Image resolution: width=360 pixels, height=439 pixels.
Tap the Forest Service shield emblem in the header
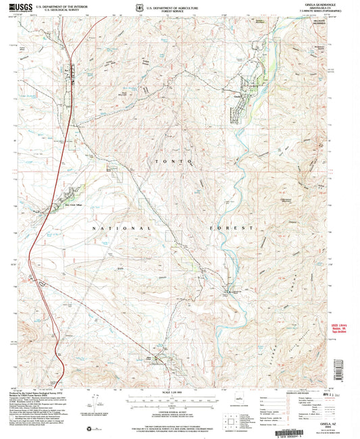(140, 7)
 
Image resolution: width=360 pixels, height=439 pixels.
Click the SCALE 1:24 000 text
(179, 393)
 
